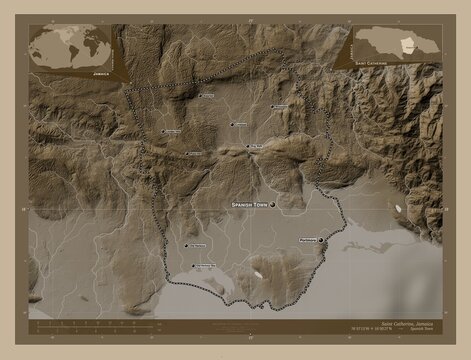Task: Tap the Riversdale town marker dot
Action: (269, 106)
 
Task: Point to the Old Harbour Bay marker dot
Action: (192, 266)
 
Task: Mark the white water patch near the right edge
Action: (400, 209)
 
